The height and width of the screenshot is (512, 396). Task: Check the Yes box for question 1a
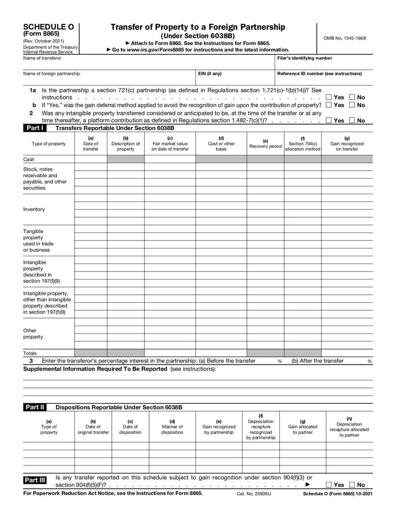[329, 97]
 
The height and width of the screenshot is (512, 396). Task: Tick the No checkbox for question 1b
[352, 105]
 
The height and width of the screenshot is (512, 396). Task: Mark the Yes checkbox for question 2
[329, 120]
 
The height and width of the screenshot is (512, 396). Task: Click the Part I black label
[35, 128]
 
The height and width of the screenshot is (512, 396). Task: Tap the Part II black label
[35, 407]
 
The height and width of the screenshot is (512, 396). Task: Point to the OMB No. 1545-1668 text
[345, 38]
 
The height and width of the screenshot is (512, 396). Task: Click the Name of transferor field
[148, 63]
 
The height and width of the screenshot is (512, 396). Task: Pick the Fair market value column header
[170, 143]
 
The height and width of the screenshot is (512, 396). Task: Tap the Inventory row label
[34, 209]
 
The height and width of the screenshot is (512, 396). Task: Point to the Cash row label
[29, 159]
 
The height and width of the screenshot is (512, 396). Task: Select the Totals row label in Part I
[30, 353]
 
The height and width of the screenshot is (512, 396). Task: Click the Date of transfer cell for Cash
[91, 159]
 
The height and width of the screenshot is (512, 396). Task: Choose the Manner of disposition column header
[172, 429]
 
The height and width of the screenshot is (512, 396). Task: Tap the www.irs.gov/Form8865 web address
[154, 50]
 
